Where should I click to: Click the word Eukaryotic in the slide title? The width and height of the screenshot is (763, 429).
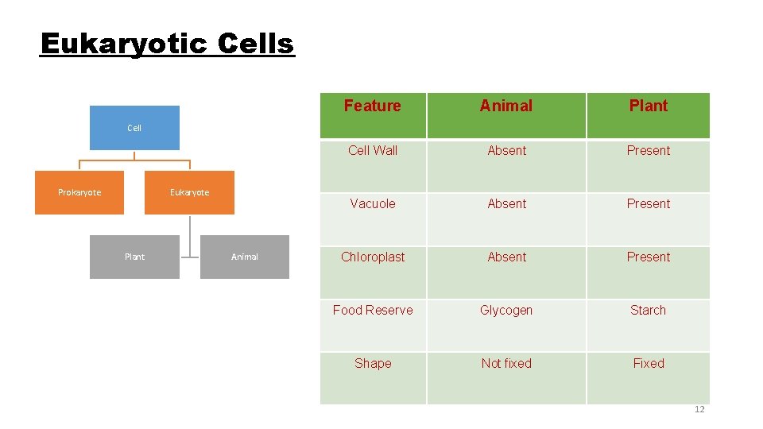click(x=110, y=44)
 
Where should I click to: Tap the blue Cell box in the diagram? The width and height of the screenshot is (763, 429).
click(x=134, y=128)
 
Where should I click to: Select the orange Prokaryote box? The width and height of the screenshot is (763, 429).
click(x=79, y=192)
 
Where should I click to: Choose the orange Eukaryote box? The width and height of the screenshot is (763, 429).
click(x=189, y=192)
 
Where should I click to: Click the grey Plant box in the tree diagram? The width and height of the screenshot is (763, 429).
click(x=134, y=257)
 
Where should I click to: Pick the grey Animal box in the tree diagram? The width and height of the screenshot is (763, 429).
click(x=245, y=257)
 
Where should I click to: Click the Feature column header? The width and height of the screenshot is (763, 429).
click(x=373, y=106)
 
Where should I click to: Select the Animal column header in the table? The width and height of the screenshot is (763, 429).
click(x=506, y=106)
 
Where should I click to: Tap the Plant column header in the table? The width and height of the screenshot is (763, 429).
click(x=649, y=106)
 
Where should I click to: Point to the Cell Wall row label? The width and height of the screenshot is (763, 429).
click(x=373, y=151)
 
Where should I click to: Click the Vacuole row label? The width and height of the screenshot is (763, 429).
click(x=373, y=204)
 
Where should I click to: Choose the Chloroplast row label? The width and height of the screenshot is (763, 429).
click(x=373, y=257)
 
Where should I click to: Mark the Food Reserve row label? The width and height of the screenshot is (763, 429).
click(x=373, y=311)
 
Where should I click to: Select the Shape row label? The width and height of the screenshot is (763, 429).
click(x=373, y=364)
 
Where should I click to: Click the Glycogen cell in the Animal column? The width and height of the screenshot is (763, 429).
click(x=506, y=311)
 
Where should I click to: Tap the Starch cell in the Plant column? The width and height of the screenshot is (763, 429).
click(x=649, y=311)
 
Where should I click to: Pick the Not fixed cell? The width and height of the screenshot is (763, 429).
click(x=506, y=364)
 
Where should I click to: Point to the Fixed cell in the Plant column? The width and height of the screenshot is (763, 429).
click(x=649, y=364)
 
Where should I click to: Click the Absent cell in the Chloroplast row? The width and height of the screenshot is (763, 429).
click(x=506, y=257)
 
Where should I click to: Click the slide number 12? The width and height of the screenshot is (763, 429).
click(x=699, y=409)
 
